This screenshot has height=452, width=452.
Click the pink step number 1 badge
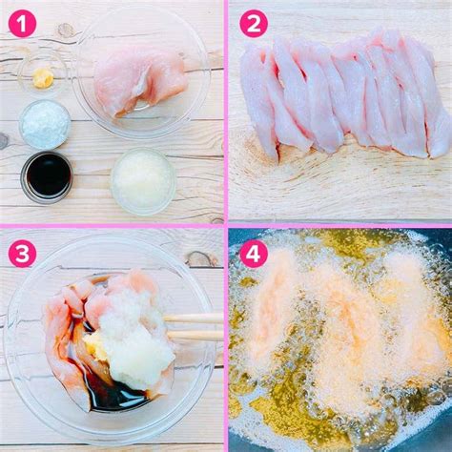click(22, 23)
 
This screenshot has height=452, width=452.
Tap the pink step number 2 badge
click(254, 23)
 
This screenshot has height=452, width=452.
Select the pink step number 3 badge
click(22, 254)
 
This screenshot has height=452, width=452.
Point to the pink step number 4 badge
click(254, 254)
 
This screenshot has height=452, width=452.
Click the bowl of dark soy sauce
click(47, 176)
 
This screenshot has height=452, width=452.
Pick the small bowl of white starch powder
click(45, 124)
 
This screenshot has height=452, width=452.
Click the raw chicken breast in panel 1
click(139, 81)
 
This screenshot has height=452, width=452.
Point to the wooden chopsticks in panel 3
click(194, 326)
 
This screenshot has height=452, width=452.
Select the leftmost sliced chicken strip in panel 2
click(258, 102)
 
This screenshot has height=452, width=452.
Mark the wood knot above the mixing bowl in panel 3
click(201, 259)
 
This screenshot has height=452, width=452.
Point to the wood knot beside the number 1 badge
click(65, 31)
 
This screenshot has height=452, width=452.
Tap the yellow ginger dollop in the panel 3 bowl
click(93, 344)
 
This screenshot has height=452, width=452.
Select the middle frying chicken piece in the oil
click(346, 340)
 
